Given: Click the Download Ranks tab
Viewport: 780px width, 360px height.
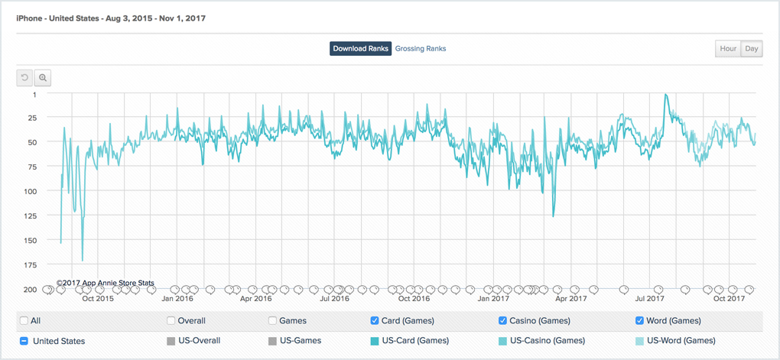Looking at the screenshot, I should pos(361,49).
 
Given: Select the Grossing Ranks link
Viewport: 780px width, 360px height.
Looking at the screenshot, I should pos(421,49).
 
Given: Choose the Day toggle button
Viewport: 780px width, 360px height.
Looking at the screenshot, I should pos(752,49).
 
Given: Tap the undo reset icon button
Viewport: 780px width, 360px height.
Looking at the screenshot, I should pos(24,78).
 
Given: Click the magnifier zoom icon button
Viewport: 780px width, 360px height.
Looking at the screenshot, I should pos(43,78).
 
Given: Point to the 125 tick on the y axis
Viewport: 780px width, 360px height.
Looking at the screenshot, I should pos(31,216).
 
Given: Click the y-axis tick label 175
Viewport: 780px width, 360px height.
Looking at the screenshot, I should pos(31,264).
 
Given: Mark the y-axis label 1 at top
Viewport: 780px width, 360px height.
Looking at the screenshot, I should pos(34,95).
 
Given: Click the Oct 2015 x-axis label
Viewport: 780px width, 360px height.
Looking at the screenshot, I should pos(98,299).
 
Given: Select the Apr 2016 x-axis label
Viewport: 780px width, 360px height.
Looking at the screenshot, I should pos(256,299).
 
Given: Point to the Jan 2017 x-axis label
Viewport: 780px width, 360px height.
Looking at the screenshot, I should pos(493,299).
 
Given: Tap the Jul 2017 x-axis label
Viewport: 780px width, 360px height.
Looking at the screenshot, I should pos(651,299).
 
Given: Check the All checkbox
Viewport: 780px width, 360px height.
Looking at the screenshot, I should pos(24,321).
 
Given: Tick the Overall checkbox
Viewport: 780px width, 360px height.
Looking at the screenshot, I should pos(171,321).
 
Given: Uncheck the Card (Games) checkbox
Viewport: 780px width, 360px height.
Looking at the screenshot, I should pos(374,321).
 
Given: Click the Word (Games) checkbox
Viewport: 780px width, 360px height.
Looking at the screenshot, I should pos(639,321).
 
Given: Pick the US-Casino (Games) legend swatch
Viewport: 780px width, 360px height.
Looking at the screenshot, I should pos(502,341).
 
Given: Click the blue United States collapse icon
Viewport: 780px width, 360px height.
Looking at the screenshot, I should pos(24,341).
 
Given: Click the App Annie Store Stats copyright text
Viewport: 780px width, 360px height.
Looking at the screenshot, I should pos(106,283).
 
